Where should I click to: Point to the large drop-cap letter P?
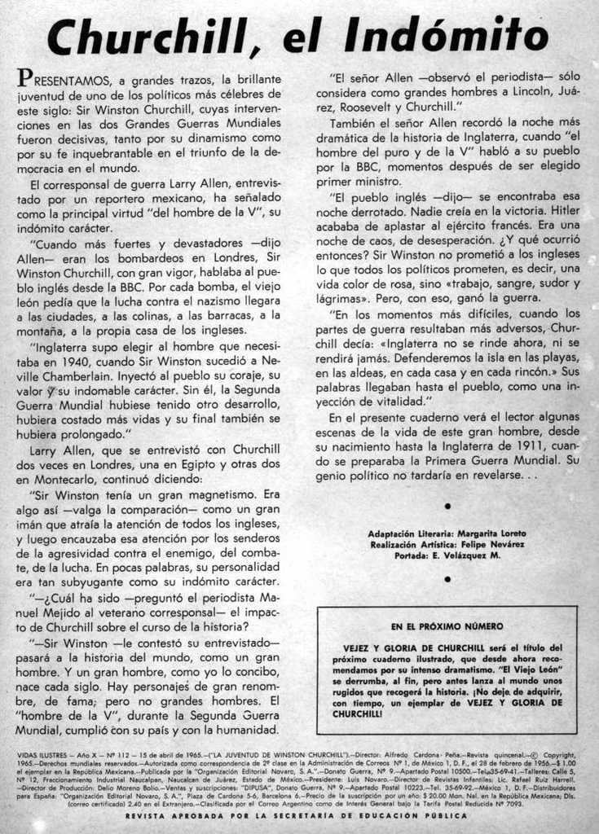tap(25, 78)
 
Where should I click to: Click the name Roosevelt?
tap(367, 107)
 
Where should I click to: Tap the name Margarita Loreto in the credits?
tap(491, 533)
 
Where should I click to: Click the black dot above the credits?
tap(447, 506)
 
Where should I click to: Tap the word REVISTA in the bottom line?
tap(152, 814)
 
